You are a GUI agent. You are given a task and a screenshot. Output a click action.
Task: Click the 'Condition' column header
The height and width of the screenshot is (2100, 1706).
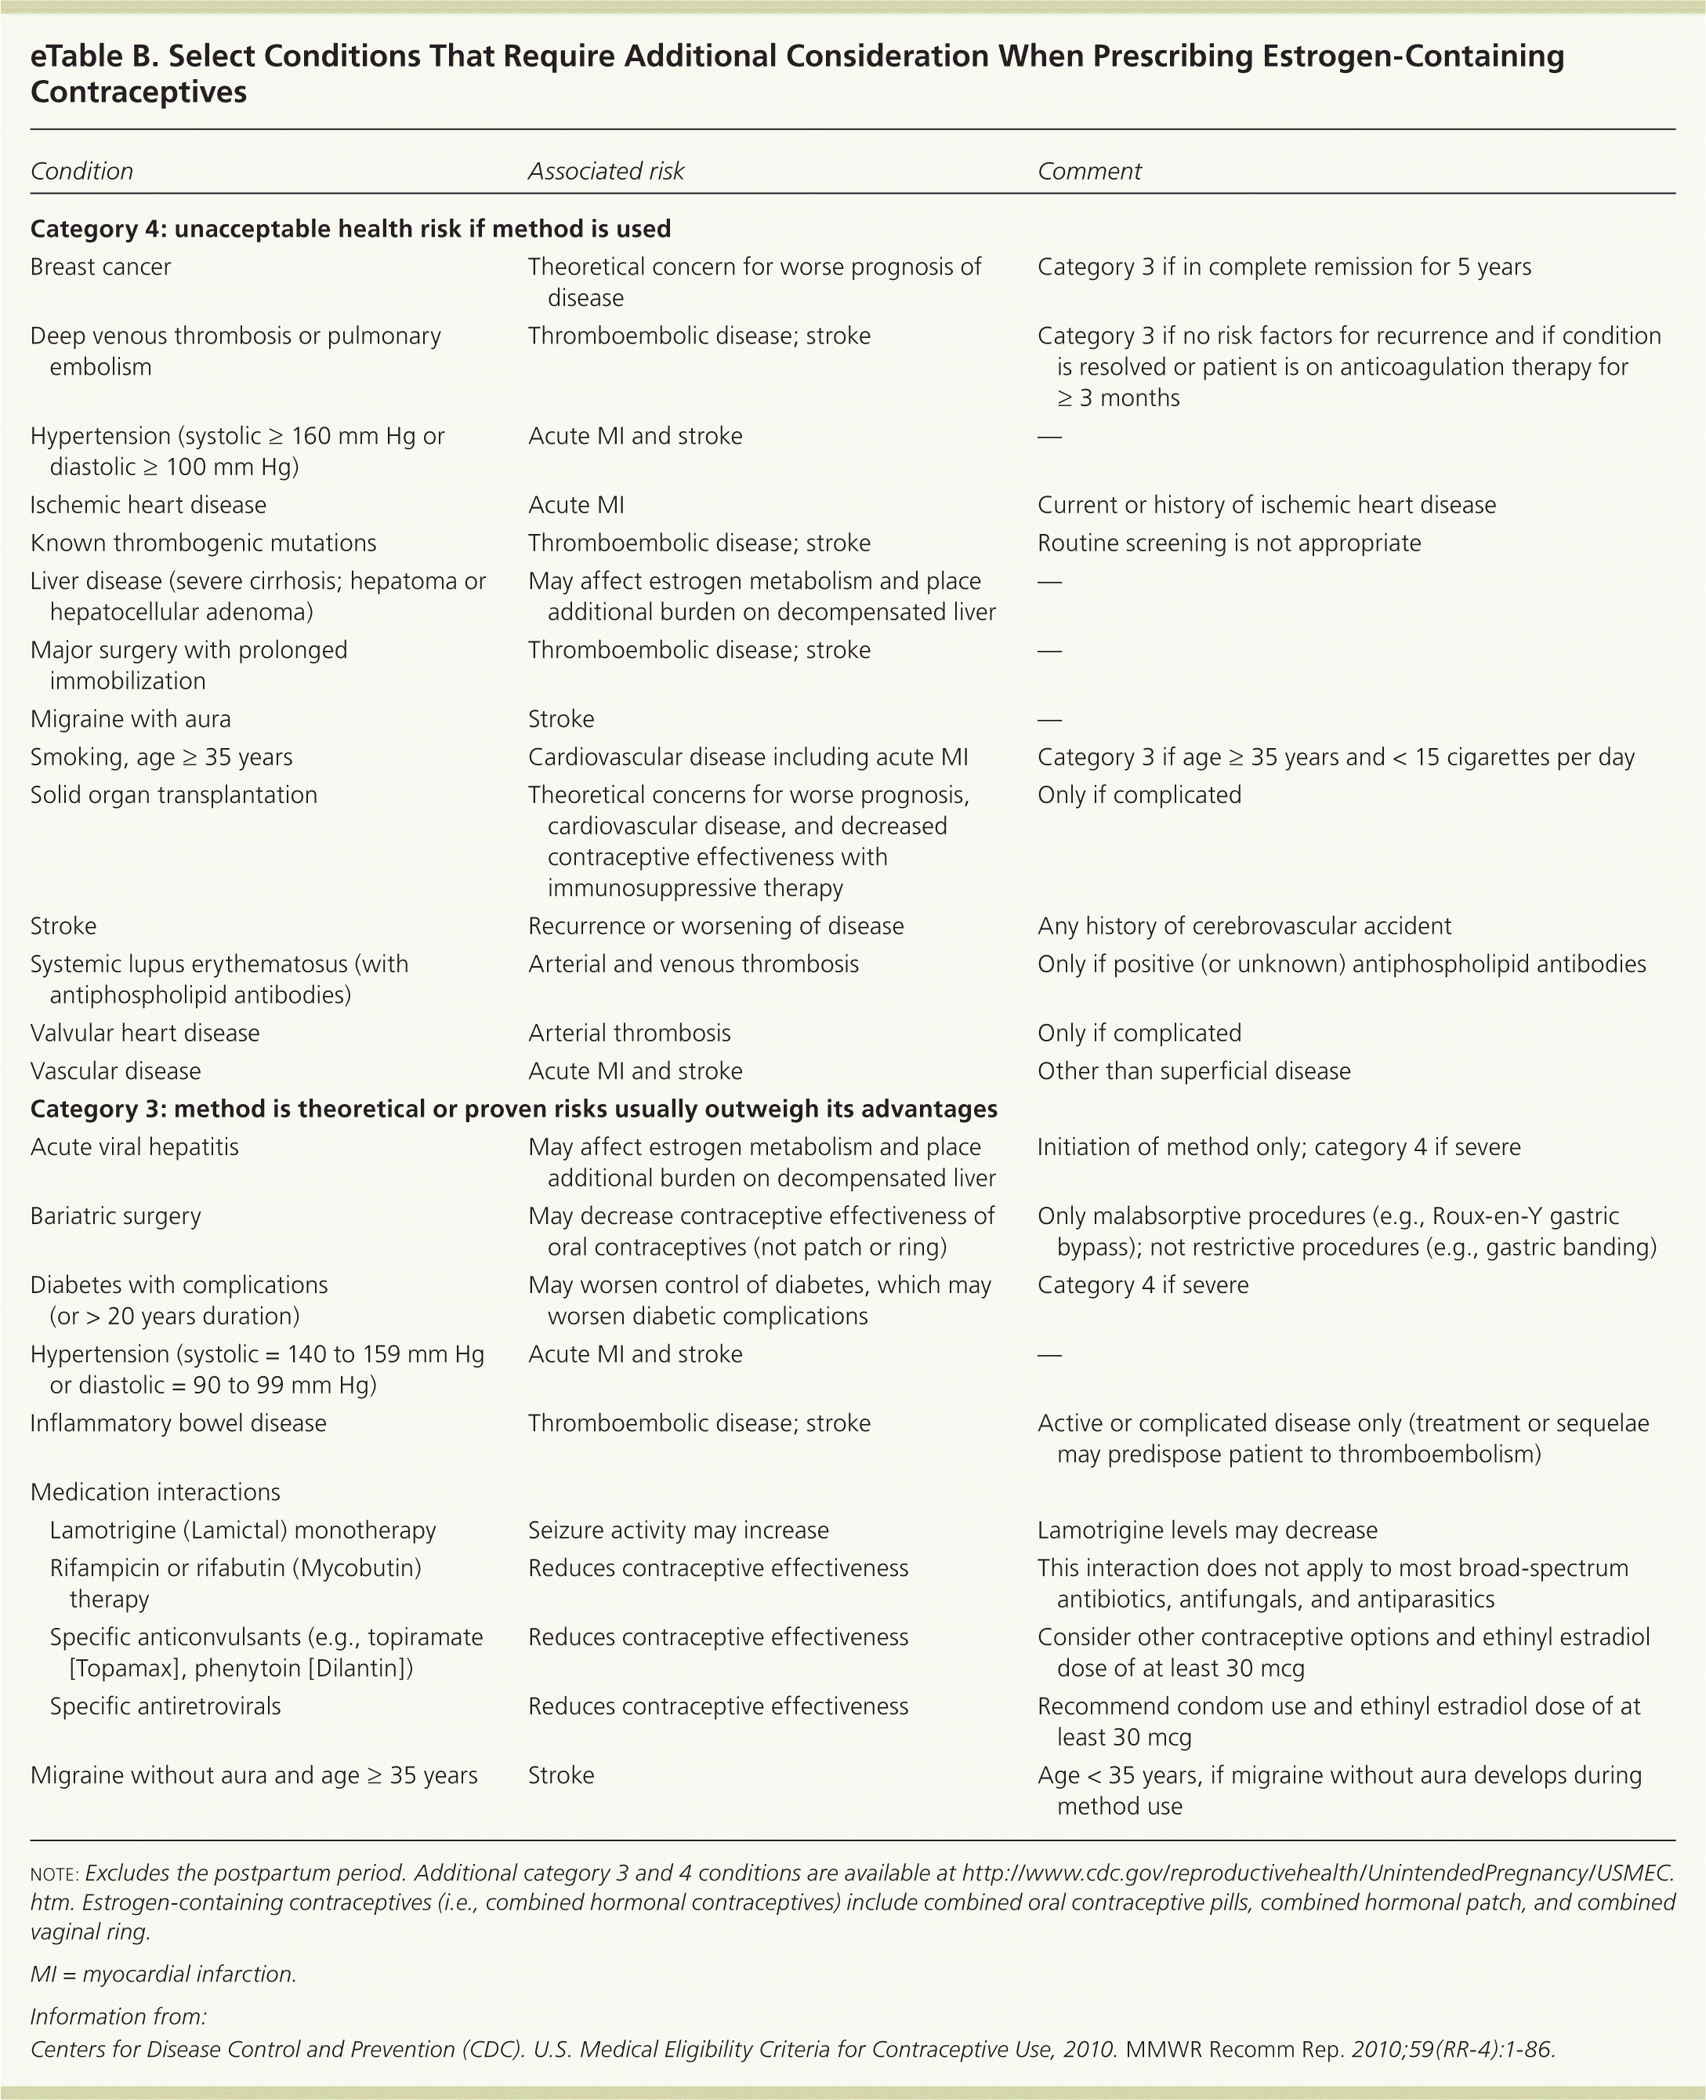click(81, 171)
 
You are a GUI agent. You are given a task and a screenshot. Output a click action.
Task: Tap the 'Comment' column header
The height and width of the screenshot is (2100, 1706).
click(1088, 171)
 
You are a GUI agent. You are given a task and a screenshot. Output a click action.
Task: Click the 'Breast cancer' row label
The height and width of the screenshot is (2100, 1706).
click(100, 267)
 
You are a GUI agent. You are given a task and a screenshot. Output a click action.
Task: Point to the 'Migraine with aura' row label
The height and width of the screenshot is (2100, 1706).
click(131, 718)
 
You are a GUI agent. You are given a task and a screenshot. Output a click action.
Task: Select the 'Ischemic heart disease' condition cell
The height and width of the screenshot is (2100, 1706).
click(148, 504)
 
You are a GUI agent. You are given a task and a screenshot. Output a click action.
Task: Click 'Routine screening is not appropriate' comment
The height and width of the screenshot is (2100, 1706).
click(1229, 543)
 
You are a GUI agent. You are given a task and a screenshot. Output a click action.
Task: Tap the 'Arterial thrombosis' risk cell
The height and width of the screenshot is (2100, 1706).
click(629, 1032)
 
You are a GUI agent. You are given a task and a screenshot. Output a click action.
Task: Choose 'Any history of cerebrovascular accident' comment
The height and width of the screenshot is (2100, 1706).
click(1244, 925)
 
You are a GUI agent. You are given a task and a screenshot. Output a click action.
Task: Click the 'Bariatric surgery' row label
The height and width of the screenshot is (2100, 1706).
click(115, 1215)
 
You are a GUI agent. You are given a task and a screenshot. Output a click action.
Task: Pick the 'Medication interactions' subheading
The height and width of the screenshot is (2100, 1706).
click(155, 1491)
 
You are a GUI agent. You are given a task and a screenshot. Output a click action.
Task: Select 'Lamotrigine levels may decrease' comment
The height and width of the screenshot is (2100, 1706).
click(1207, 1530)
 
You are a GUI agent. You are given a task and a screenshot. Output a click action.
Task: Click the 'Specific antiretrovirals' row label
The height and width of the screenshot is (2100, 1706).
click(165, 1706)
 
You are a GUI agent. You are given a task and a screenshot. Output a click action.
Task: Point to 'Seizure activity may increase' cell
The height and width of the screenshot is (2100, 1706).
click(678, 1530)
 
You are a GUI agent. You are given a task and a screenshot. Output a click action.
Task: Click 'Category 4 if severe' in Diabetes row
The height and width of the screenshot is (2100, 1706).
click(1142, 1285)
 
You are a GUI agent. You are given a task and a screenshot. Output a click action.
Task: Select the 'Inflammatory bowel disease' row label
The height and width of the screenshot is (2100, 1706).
click(178, 1422)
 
